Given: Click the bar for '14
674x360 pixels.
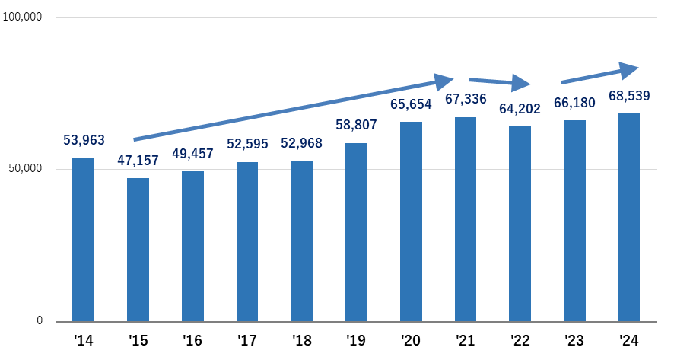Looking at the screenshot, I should (x=83, y=239).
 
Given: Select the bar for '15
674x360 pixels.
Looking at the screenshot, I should (x=138, y=249).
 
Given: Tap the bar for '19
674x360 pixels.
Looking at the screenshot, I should (x=356, y=231).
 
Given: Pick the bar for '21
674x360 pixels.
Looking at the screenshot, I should (x=466, y=218).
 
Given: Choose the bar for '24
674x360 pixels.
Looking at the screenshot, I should (x=629, y=217).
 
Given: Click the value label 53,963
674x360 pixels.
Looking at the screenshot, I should (x=83, y=140).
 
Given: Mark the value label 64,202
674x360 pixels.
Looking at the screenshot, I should (x=520, y=109).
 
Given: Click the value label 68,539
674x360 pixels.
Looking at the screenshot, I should (x=629, y=97).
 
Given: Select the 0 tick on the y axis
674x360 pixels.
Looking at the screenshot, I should (x=39, y=321).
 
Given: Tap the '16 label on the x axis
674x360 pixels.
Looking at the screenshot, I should (x=192, y=340).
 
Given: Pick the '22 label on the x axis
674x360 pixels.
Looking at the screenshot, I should (x=520, y=340).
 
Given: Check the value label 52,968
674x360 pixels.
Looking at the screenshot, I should (x=301, y=143).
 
